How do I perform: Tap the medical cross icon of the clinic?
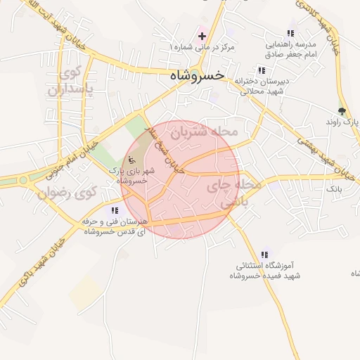[202, 35]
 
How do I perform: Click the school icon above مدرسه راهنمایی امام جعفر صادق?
[291, 34]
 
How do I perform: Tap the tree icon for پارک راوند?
[342, 110]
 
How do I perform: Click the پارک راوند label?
[342, 122]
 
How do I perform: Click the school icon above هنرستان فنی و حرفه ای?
[115, 210]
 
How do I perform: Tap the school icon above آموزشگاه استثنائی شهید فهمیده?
[264, 255]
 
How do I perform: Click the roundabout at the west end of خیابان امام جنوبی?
[23, 180]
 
